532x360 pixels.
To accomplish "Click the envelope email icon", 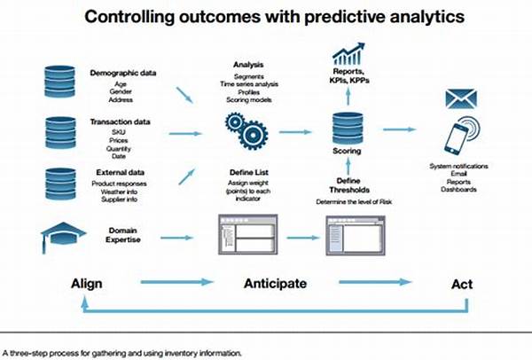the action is click(461, 99).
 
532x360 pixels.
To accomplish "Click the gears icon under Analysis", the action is click(246, 131).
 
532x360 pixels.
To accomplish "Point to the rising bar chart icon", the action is click(348, 53).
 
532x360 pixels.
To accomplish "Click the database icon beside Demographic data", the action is click(59, 82).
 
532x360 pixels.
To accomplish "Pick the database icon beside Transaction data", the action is click(60, 133).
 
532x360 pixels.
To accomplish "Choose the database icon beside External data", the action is click(60, 184).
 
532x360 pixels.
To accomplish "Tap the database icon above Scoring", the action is click(348, 129).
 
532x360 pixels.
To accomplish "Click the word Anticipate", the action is click(275, 284).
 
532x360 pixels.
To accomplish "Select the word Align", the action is click(87, 284).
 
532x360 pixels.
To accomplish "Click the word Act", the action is click(462, 284).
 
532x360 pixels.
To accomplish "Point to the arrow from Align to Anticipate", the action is click(176, 282).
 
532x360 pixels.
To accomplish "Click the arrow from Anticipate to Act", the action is click(375, 282).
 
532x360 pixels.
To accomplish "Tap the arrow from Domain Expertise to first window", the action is click(176, 238).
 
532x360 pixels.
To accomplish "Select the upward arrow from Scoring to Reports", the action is click(348, 96).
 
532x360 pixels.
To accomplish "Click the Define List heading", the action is click(248, 172).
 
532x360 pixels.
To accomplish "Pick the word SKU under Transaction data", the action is click(119, 132).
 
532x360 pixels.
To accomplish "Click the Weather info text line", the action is click(119, 192).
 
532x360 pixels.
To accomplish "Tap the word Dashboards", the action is click(458, 190).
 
